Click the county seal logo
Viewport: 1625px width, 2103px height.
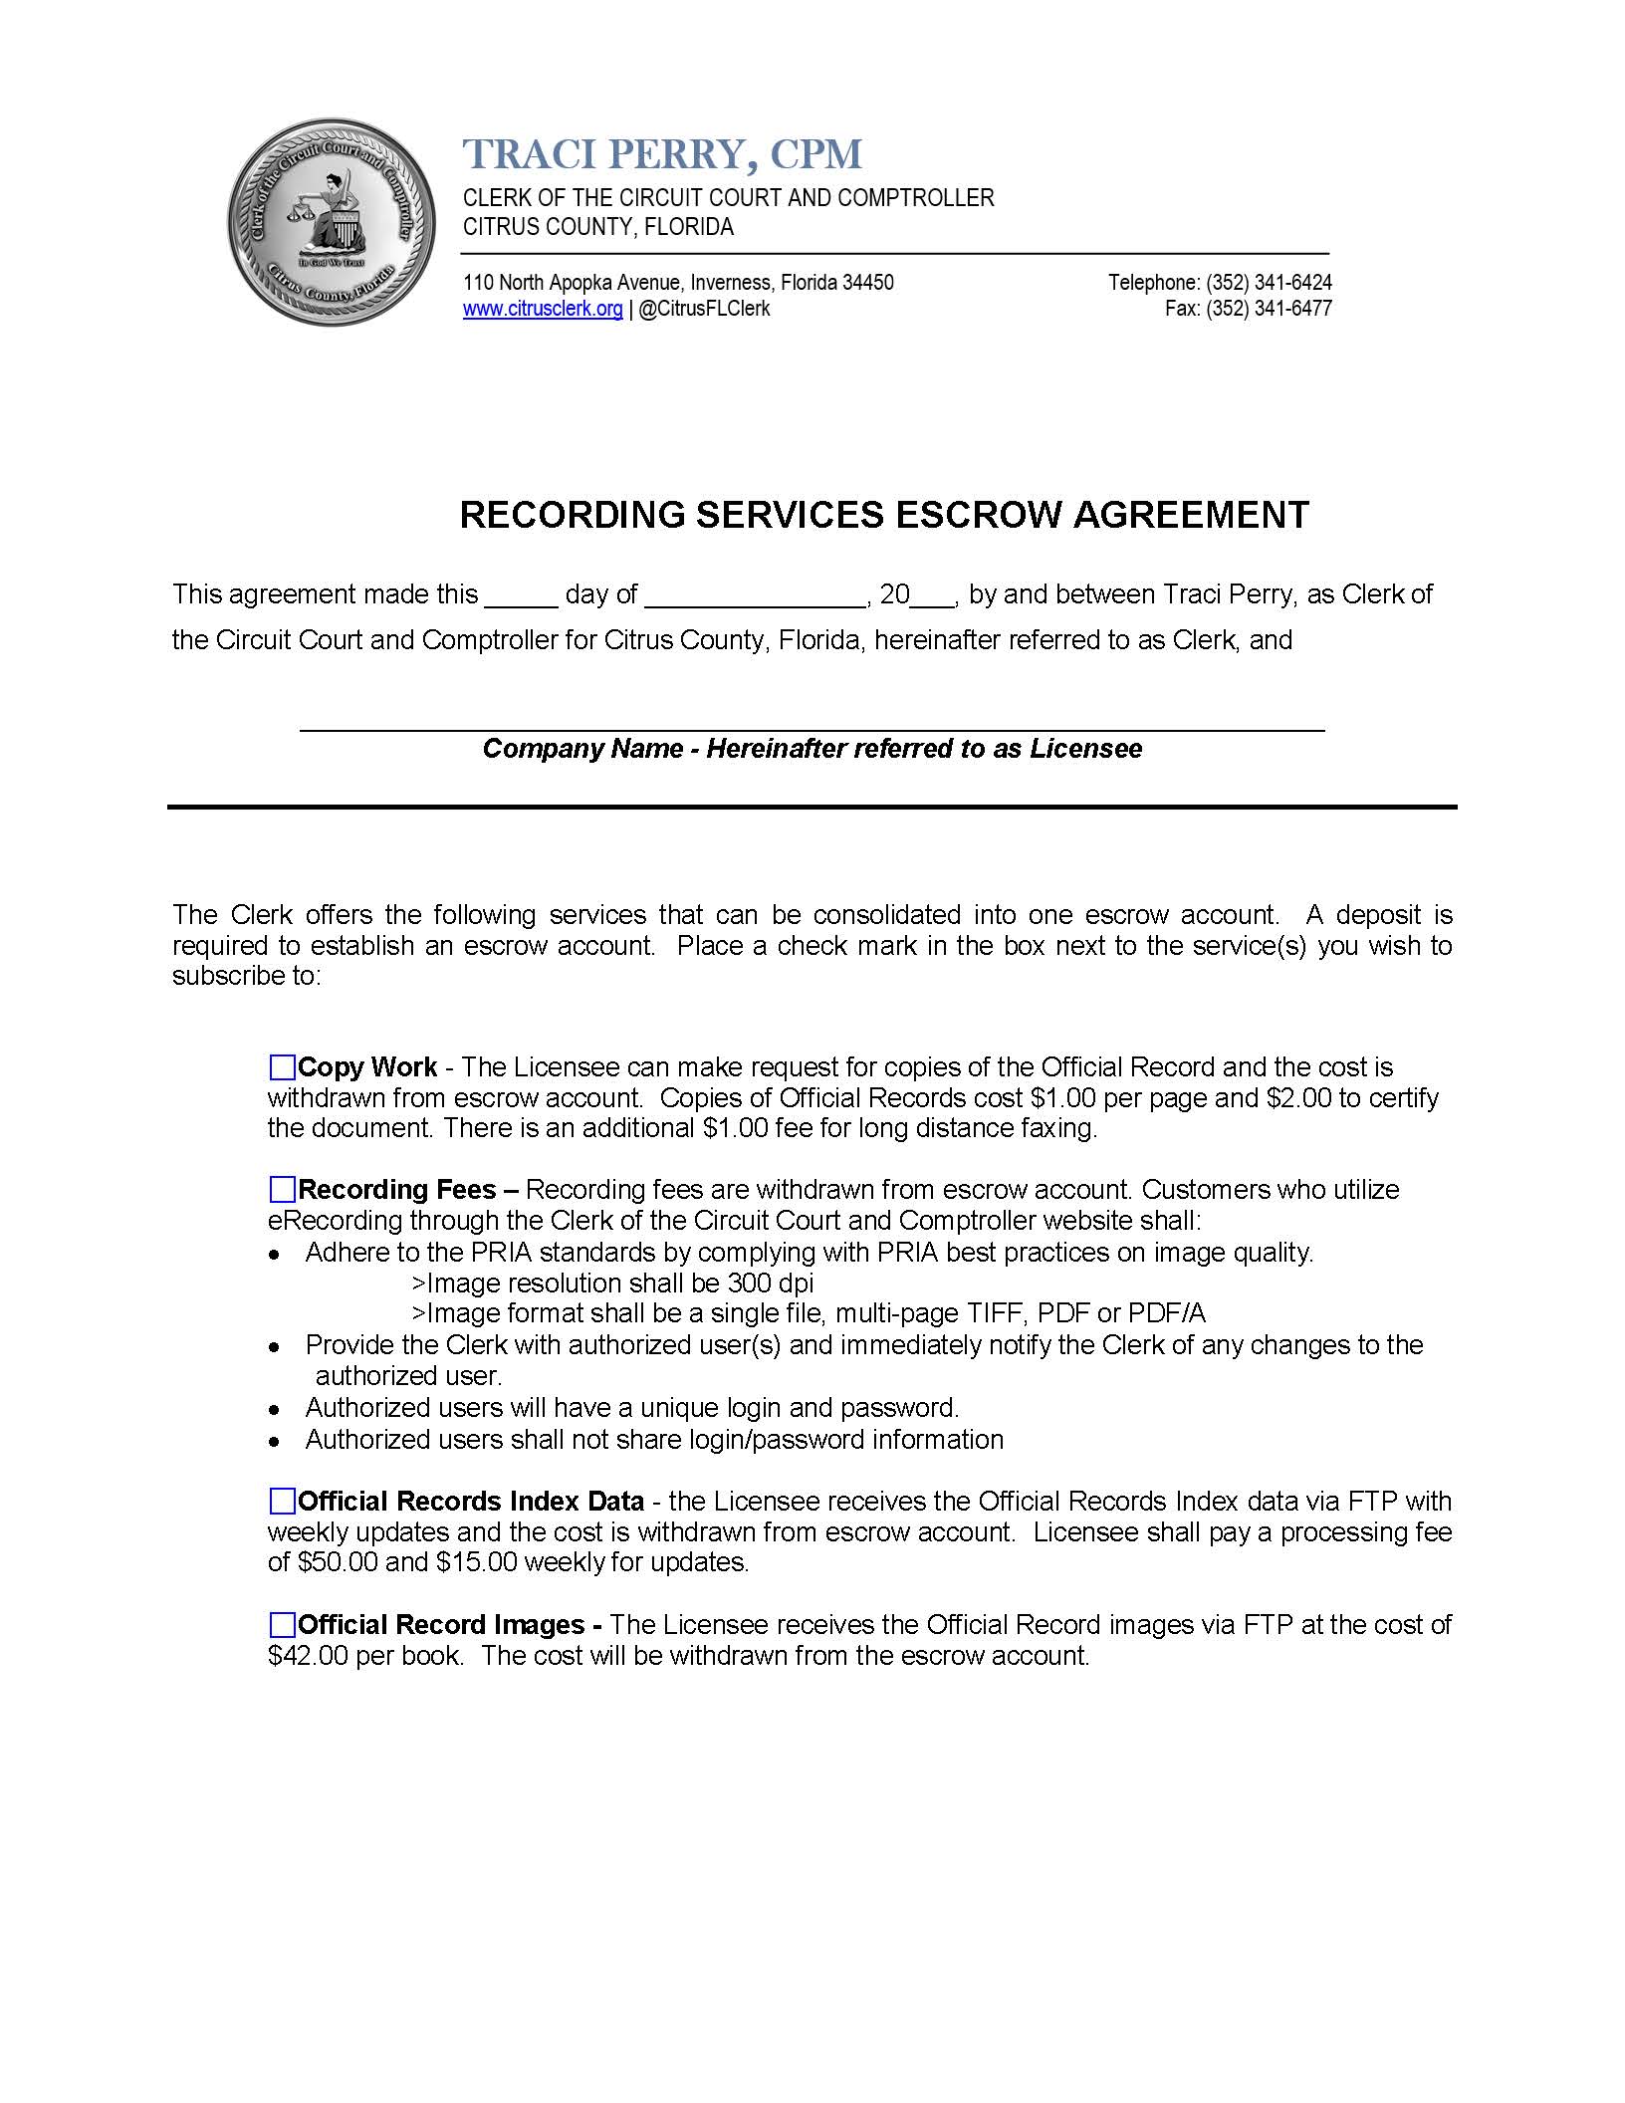coord(330,222)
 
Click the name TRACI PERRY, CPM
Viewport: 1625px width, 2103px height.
coord(662,153)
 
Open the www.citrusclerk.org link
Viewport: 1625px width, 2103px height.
coord(543,309)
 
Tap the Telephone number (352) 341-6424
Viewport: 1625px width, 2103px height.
coord(1269,283)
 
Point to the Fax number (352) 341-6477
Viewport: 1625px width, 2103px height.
coord(1269,309)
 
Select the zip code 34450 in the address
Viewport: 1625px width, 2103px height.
coord(867,283)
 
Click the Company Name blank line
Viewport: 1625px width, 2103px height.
coord(812,721)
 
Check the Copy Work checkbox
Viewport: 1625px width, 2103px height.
coord(283,1067)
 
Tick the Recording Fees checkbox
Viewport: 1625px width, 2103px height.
coord(283,1190)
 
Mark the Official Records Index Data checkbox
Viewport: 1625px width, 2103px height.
coord(283,1501)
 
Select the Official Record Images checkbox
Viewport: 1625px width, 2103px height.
coord(283,1625)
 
